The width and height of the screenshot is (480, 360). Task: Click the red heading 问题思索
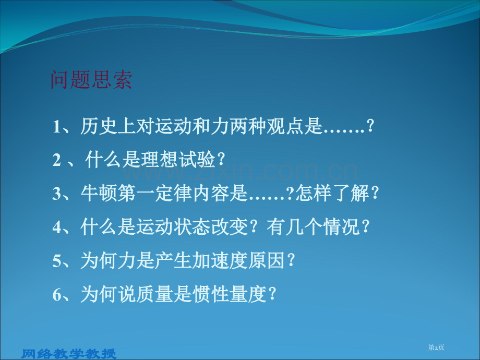[x=91, y=81]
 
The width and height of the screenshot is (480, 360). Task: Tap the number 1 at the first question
[x=57, y=127]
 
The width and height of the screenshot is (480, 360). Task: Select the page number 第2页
[x=436, y=348]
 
